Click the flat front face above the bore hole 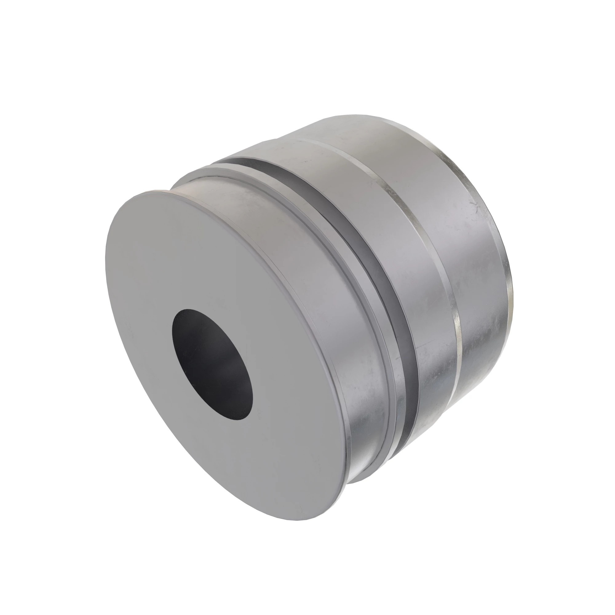click(x=178, y=255)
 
